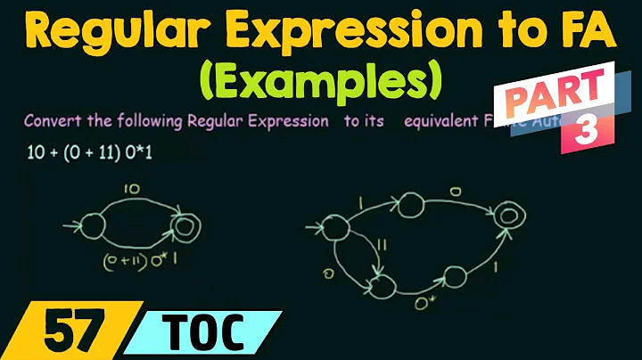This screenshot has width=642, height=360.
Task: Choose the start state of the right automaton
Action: coord(334,230)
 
